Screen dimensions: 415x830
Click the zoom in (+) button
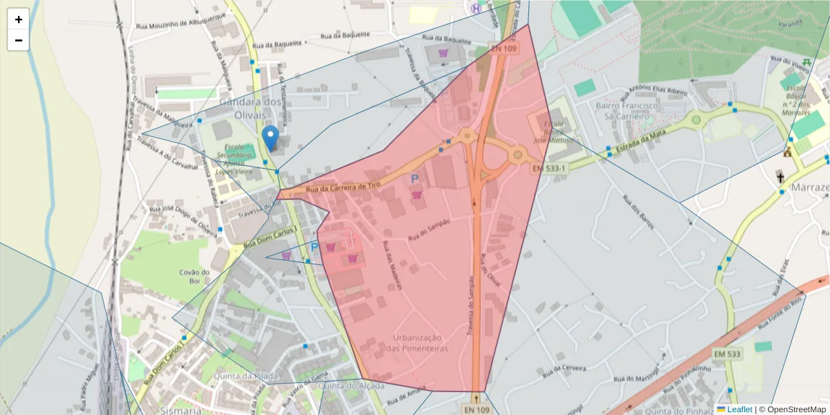(19, 19)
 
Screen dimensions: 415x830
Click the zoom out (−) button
(19, 40)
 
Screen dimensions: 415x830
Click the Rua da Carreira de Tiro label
(343, 187)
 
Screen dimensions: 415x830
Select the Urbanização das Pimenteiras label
(417, 342)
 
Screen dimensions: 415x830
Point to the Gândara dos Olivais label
(250, 108)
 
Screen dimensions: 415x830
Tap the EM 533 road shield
(727, 354)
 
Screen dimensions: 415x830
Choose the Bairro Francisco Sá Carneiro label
(627, 111)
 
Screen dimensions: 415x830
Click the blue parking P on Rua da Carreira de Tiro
(415, 178)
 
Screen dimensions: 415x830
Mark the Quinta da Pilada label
(241, 376)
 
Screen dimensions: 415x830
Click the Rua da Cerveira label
(560, 367)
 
